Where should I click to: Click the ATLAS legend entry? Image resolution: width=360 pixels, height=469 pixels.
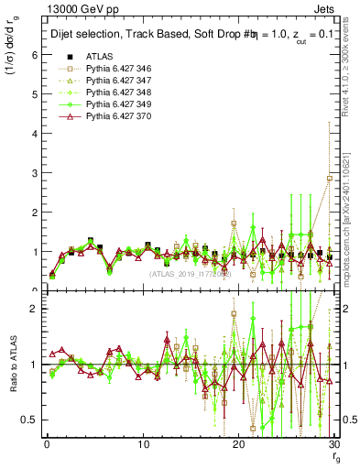click(x=101, y=58)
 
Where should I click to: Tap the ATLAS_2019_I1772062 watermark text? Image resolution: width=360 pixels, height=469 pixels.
click(x=191, y=273)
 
